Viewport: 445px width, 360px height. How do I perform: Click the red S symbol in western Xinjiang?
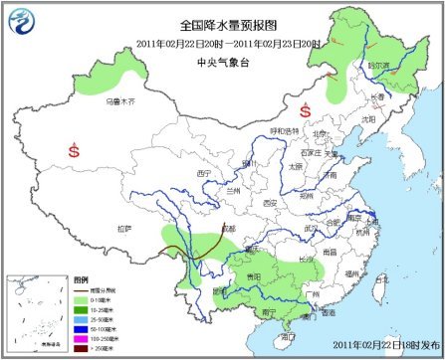74,151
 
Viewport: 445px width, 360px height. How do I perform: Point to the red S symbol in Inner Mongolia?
305,109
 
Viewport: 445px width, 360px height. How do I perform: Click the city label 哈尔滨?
379,62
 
